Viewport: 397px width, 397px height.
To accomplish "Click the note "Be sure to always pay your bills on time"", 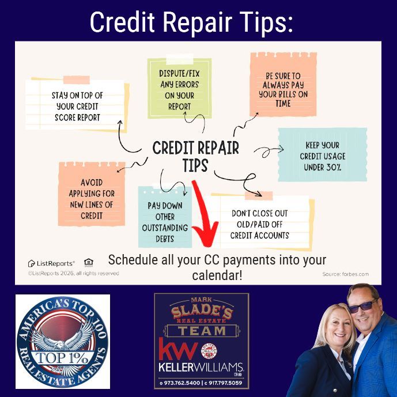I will [283, 89].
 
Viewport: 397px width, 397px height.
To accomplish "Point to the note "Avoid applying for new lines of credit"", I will [89, 198].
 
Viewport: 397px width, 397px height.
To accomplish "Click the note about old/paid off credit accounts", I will [260, 224].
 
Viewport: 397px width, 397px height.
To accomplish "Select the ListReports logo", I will [50, 263].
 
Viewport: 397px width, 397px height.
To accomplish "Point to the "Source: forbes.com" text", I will [345, 274].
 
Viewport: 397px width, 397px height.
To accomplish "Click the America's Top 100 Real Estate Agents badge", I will [62, 341].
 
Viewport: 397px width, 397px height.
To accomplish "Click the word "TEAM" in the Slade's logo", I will [202, 330].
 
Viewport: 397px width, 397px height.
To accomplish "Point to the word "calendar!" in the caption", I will [217, 275].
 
